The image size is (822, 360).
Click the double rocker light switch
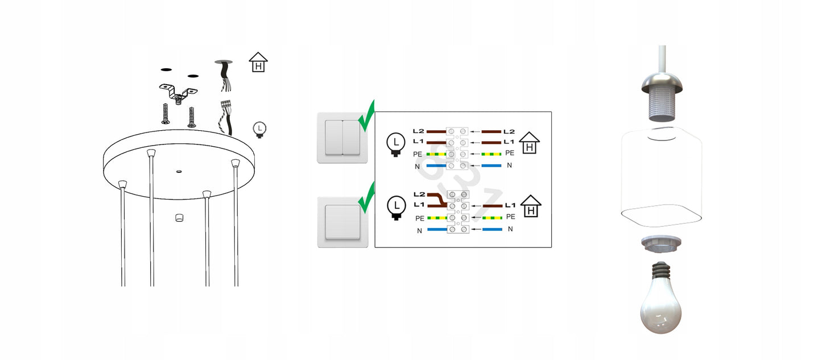click(342, 138)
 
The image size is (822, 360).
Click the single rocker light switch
click(342, 222)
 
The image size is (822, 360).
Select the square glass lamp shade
click(662, 176)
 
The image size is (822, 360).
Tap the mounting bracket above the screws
click(177, 92)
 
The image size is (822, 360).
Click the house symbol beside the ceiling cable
click(259, 62)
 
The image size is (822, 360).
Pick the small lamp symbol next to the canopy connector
click(260, 130)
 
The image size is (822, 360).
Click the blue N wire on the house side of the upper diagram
click(491, 165)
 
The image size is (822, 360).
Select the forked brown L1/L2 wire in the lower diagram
click(436, 200)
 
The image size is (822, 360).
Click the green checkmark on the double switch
click(367, 116)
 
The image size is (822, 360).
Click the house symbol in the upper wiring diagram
click(530, 144)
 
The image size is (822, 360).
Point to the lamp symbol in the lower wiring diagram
click(396, 207)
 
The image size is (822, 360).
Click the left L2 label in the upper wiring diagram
click(418, 131)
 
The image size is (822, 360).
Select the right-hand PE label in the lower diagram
click(510, 217)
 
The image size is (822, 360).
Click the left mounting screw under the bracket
click(165, 114)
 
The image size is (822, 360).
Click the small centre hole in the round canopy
click(179, 169)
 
